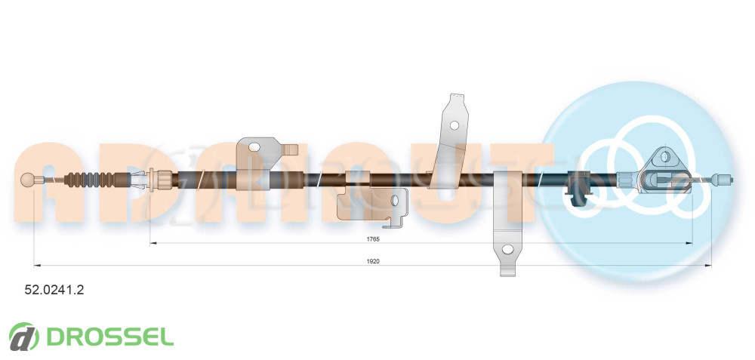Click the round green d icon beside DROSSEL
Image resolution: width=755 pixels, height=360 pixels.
click(23, 337)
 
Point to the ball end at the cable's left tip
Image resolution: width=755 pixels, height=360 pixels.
click(27, 180)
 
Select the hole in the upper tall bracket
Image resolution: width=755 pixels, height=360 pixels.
click(454, 125)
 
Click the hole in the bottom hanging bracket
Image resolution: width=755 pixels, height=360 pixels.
click(507, 249)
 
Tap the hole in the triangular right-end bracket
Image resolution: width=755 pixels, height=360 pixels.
click(665, 156)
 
